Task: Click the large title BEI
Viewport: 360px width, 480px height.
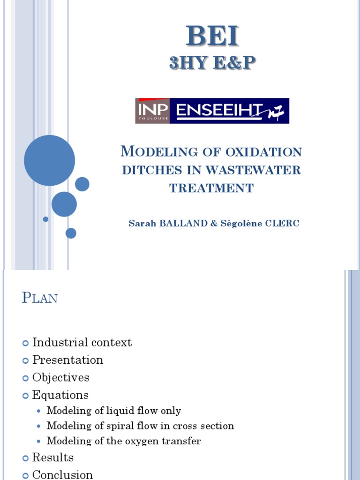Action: [212, 36]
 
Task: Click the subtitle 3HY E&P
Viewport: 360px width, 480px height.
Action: [212, 63]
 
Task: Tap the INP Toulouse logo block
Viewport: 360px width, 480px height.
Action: [153, 111]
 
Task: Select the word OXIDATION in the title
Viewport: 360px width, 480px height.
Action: [264, 152]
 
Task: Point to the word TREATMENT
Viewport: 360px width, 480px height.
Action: [211, 188]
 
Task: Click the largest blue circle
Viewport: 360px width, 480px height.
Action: [49, 160]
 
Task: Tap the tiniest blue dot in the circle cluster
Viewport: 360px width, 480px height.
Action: [45, 219]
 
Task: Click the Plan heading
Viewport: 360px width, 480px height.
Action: [40, 298]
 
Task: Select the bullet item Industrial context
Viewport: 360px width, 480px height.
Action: [82, 343]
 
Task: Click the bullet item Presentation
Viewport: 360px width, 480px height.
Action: [67, 360]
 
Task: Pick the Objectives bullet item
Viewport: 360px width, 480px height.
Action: [60, 377]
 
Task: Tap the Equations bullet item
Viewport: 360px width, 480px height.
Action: [60, 395]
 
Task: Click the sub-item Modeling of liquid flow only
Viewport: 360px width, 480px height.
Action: [113, 411]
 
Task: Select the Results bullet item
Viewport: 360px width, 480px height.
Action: [52, 457]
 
